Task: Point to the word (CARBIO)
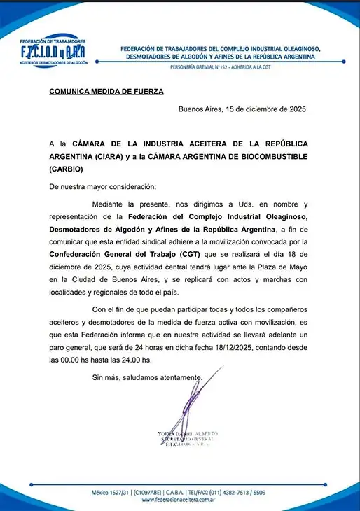tap(66, 169)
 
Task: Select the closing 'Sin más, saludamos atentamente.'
tap(148, 378)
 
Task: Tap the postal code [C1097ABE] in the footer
tap(153, 493)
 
